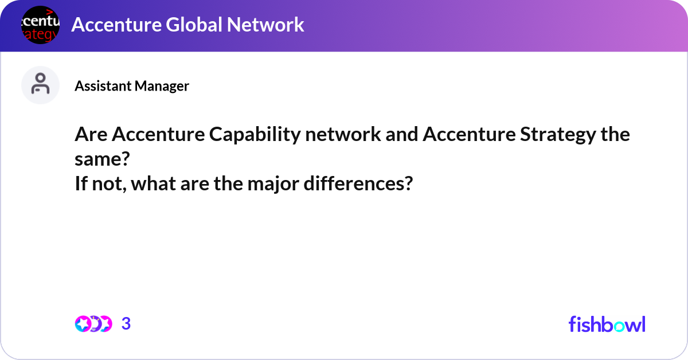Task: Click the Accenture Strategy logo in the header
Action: [x=40, y=25]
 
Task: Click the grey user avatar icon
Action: [x=40, y=85]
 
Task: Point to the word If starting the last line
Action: [x=80, y=185]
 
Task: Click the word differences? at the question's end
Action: [x=355, y=185]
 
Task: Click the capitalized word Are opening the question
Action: [x=91, y=135]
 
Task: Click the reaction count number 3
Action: [x=126, y=324]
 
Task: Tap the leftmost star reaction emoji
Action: [x=82, y=324]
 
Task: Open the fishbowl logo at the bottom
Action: [x=607, y=324]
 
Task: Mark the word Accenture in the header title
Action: [x=112, y=25]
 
